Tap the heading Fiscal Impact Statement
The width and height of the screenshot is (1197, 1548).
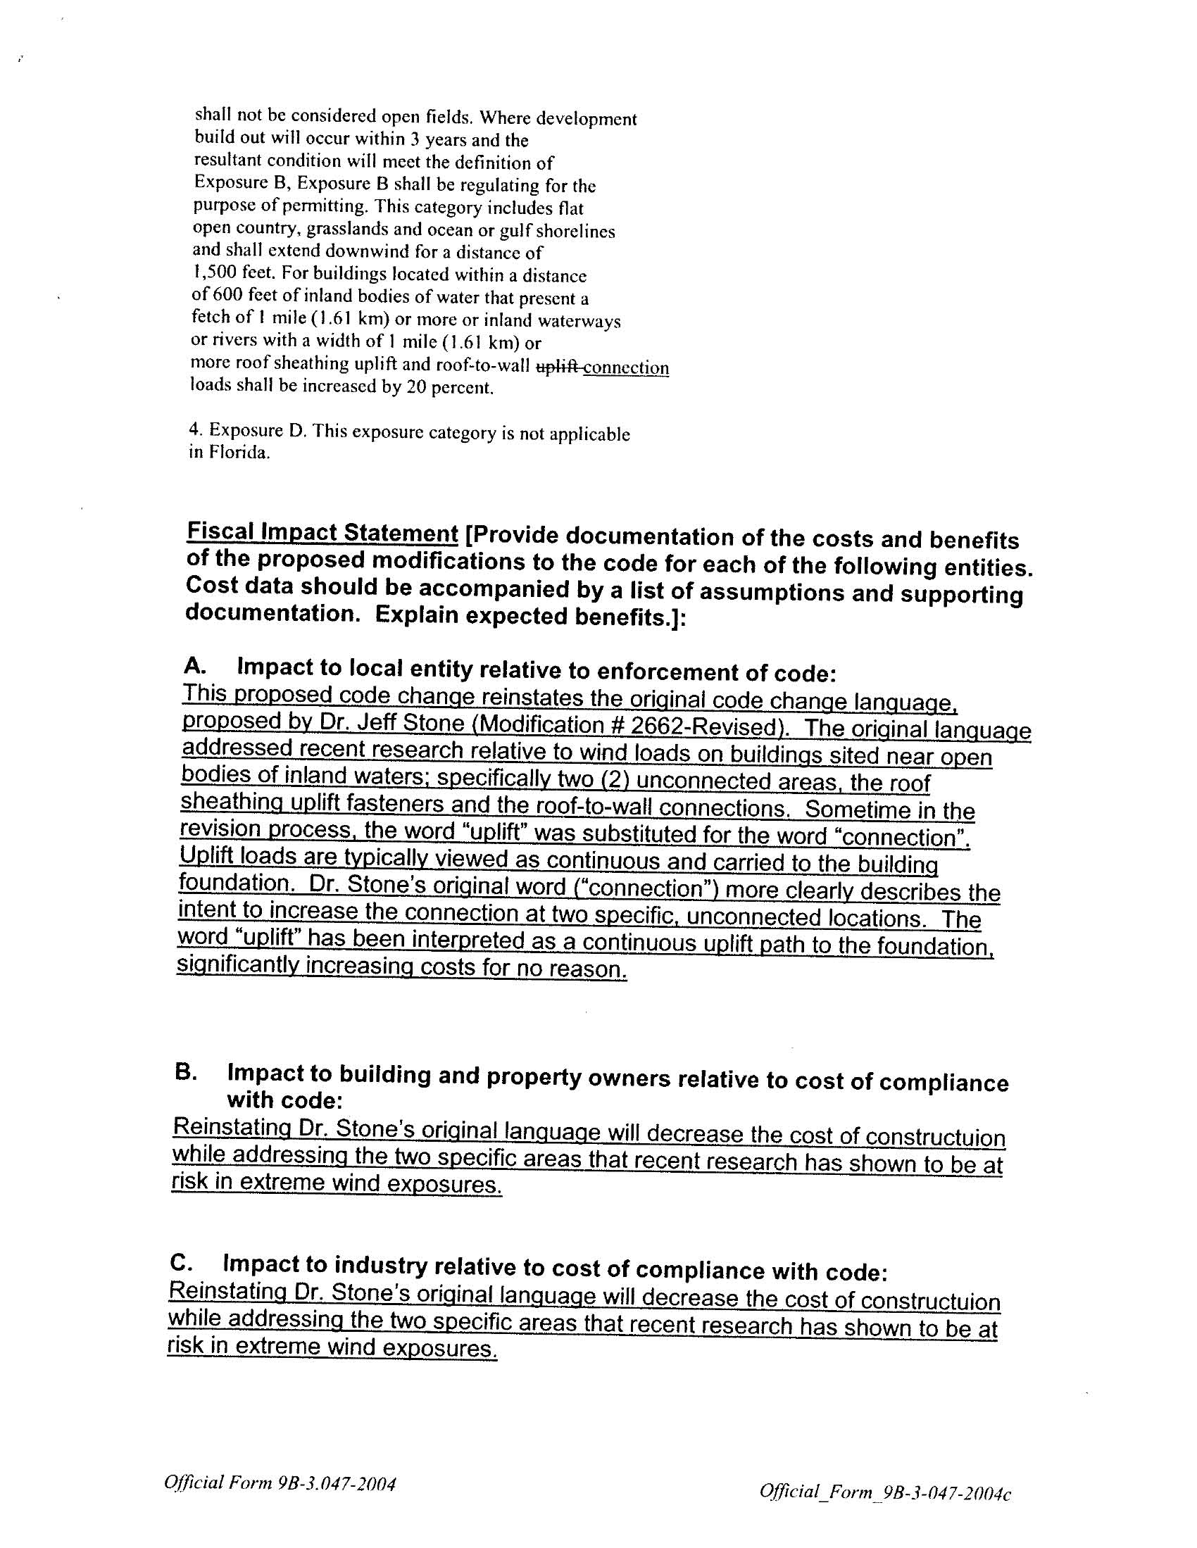click(322, 532)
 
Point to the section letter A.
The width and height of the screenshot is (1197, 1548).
click(194, 665)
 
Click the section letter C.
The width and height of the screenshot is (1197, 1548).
click(180, 1262)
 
